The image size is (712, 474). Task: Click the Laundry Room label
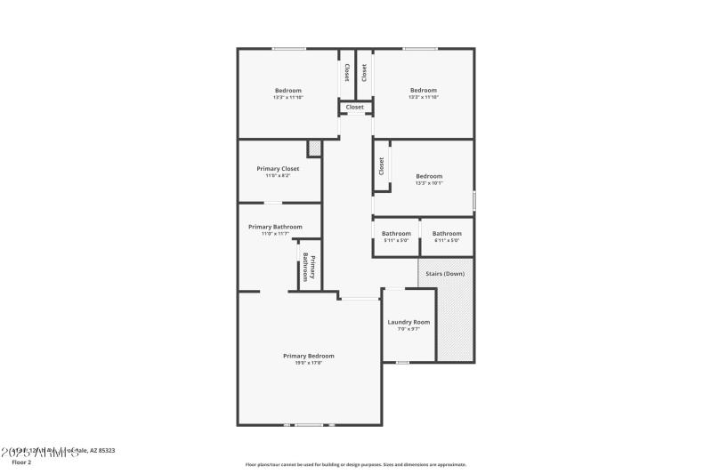[x=409, y=322]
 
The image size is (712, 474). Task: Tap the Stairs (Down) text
[x=445, y=274]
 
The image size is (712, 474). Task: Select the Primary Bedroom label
[x=308, y=356]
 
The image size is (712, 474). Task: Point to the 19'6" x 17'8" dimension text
[x=308, y=363]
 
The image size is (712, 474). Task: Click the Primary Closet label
[x=278, y=169]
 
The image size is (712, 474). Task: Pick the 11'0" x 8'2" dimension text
[x=278, y=176]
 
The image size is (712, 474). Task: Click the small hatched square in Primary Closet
[x=313, y=148]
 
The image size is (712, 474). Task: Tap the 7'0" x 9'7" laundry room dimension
[x=409, y=329]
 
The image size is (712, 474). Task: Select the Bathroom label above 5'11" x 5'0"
[x=396, y=233]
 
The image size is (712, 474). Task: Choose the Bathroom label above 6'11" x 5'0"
[x=447, y=233]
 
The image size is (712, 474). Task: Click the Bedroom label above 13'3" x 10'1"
[x=429, y=176]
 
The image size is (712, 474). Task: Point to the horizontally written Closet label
[x=354, y=108]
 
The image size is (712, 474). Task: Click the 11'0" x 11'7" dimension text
[x=275, y=234]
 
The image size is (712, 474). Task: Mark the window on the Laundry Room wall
[x=402, y=362]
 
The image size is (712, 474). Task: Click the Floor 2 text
[x=21, y=462]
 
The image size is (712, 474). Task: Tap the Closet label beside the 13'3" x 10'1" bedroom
[x=381, y=165]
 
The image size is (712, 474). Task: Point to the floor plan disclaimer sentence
[x=355, y=464]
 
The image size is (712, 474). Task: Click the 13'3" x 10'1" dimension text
[x=429, y=183]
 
